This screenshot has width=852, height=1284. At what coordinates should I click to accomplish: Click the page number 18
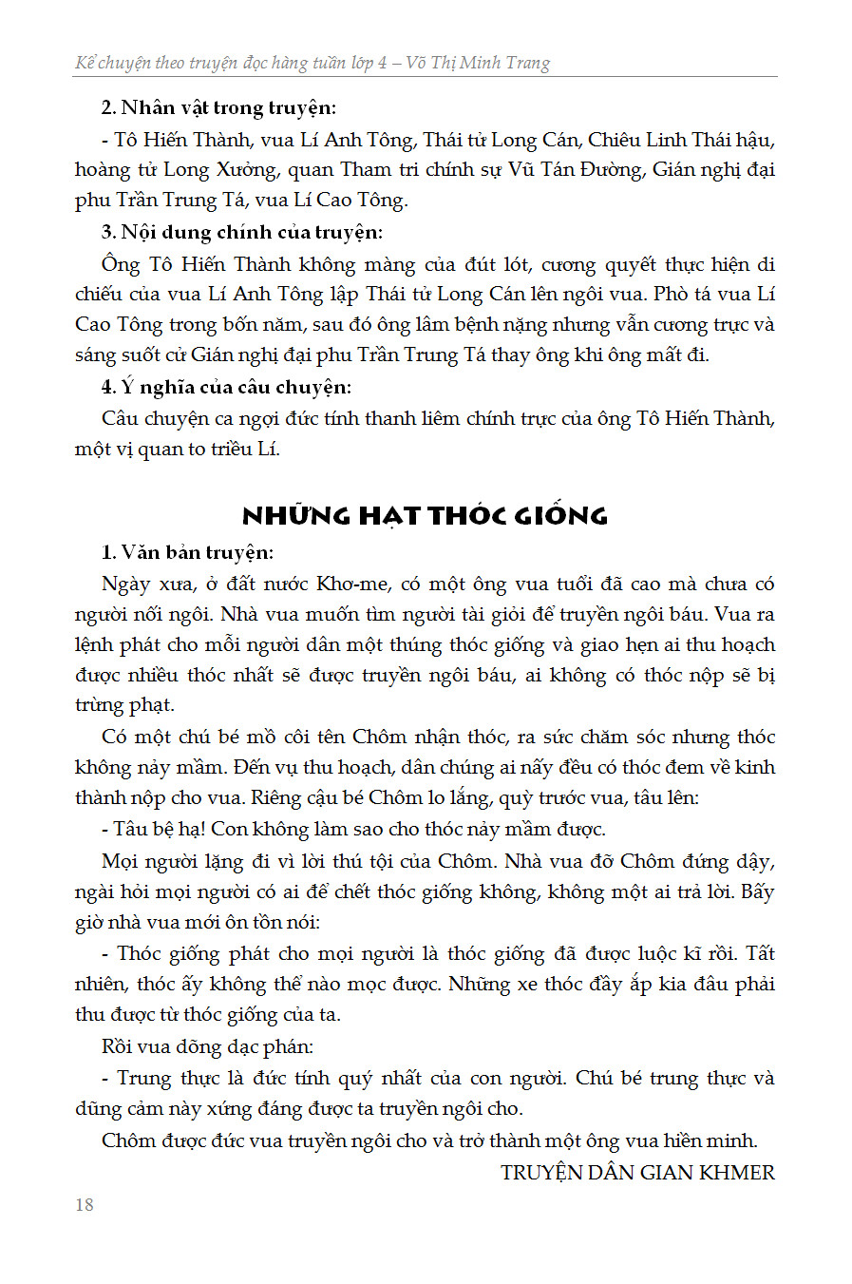(85, 1204)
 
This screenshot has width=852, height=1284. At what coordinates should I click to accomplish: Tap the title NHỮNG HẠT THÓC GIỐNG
(425, 516)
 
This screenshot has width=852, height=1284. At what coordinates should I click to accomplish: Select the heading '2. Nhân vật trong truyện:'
(218, 108)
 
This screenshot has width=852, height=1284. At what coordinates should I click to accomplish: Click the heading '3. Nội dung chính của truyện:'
(242, 233)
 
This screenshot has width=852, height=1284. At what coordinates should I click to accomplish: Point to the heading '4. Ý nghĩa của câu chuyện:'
(226, 387)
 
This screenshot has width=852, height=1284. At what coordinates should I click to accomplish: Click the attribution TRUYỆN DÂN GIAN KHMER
(637, 1173)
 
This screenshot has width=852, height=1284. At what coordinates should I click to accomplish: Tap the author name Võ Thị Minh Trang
(478, 64)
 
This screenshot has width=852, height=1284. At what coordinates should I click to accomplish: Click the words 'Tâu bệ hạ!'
(159, 829)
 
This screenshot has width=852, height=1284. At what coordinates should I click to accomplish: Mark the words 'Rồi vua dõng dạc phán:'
(207, 1046)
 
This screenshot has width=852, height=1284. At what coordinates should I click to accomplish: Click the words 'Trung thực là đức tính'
(223, 1079)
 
